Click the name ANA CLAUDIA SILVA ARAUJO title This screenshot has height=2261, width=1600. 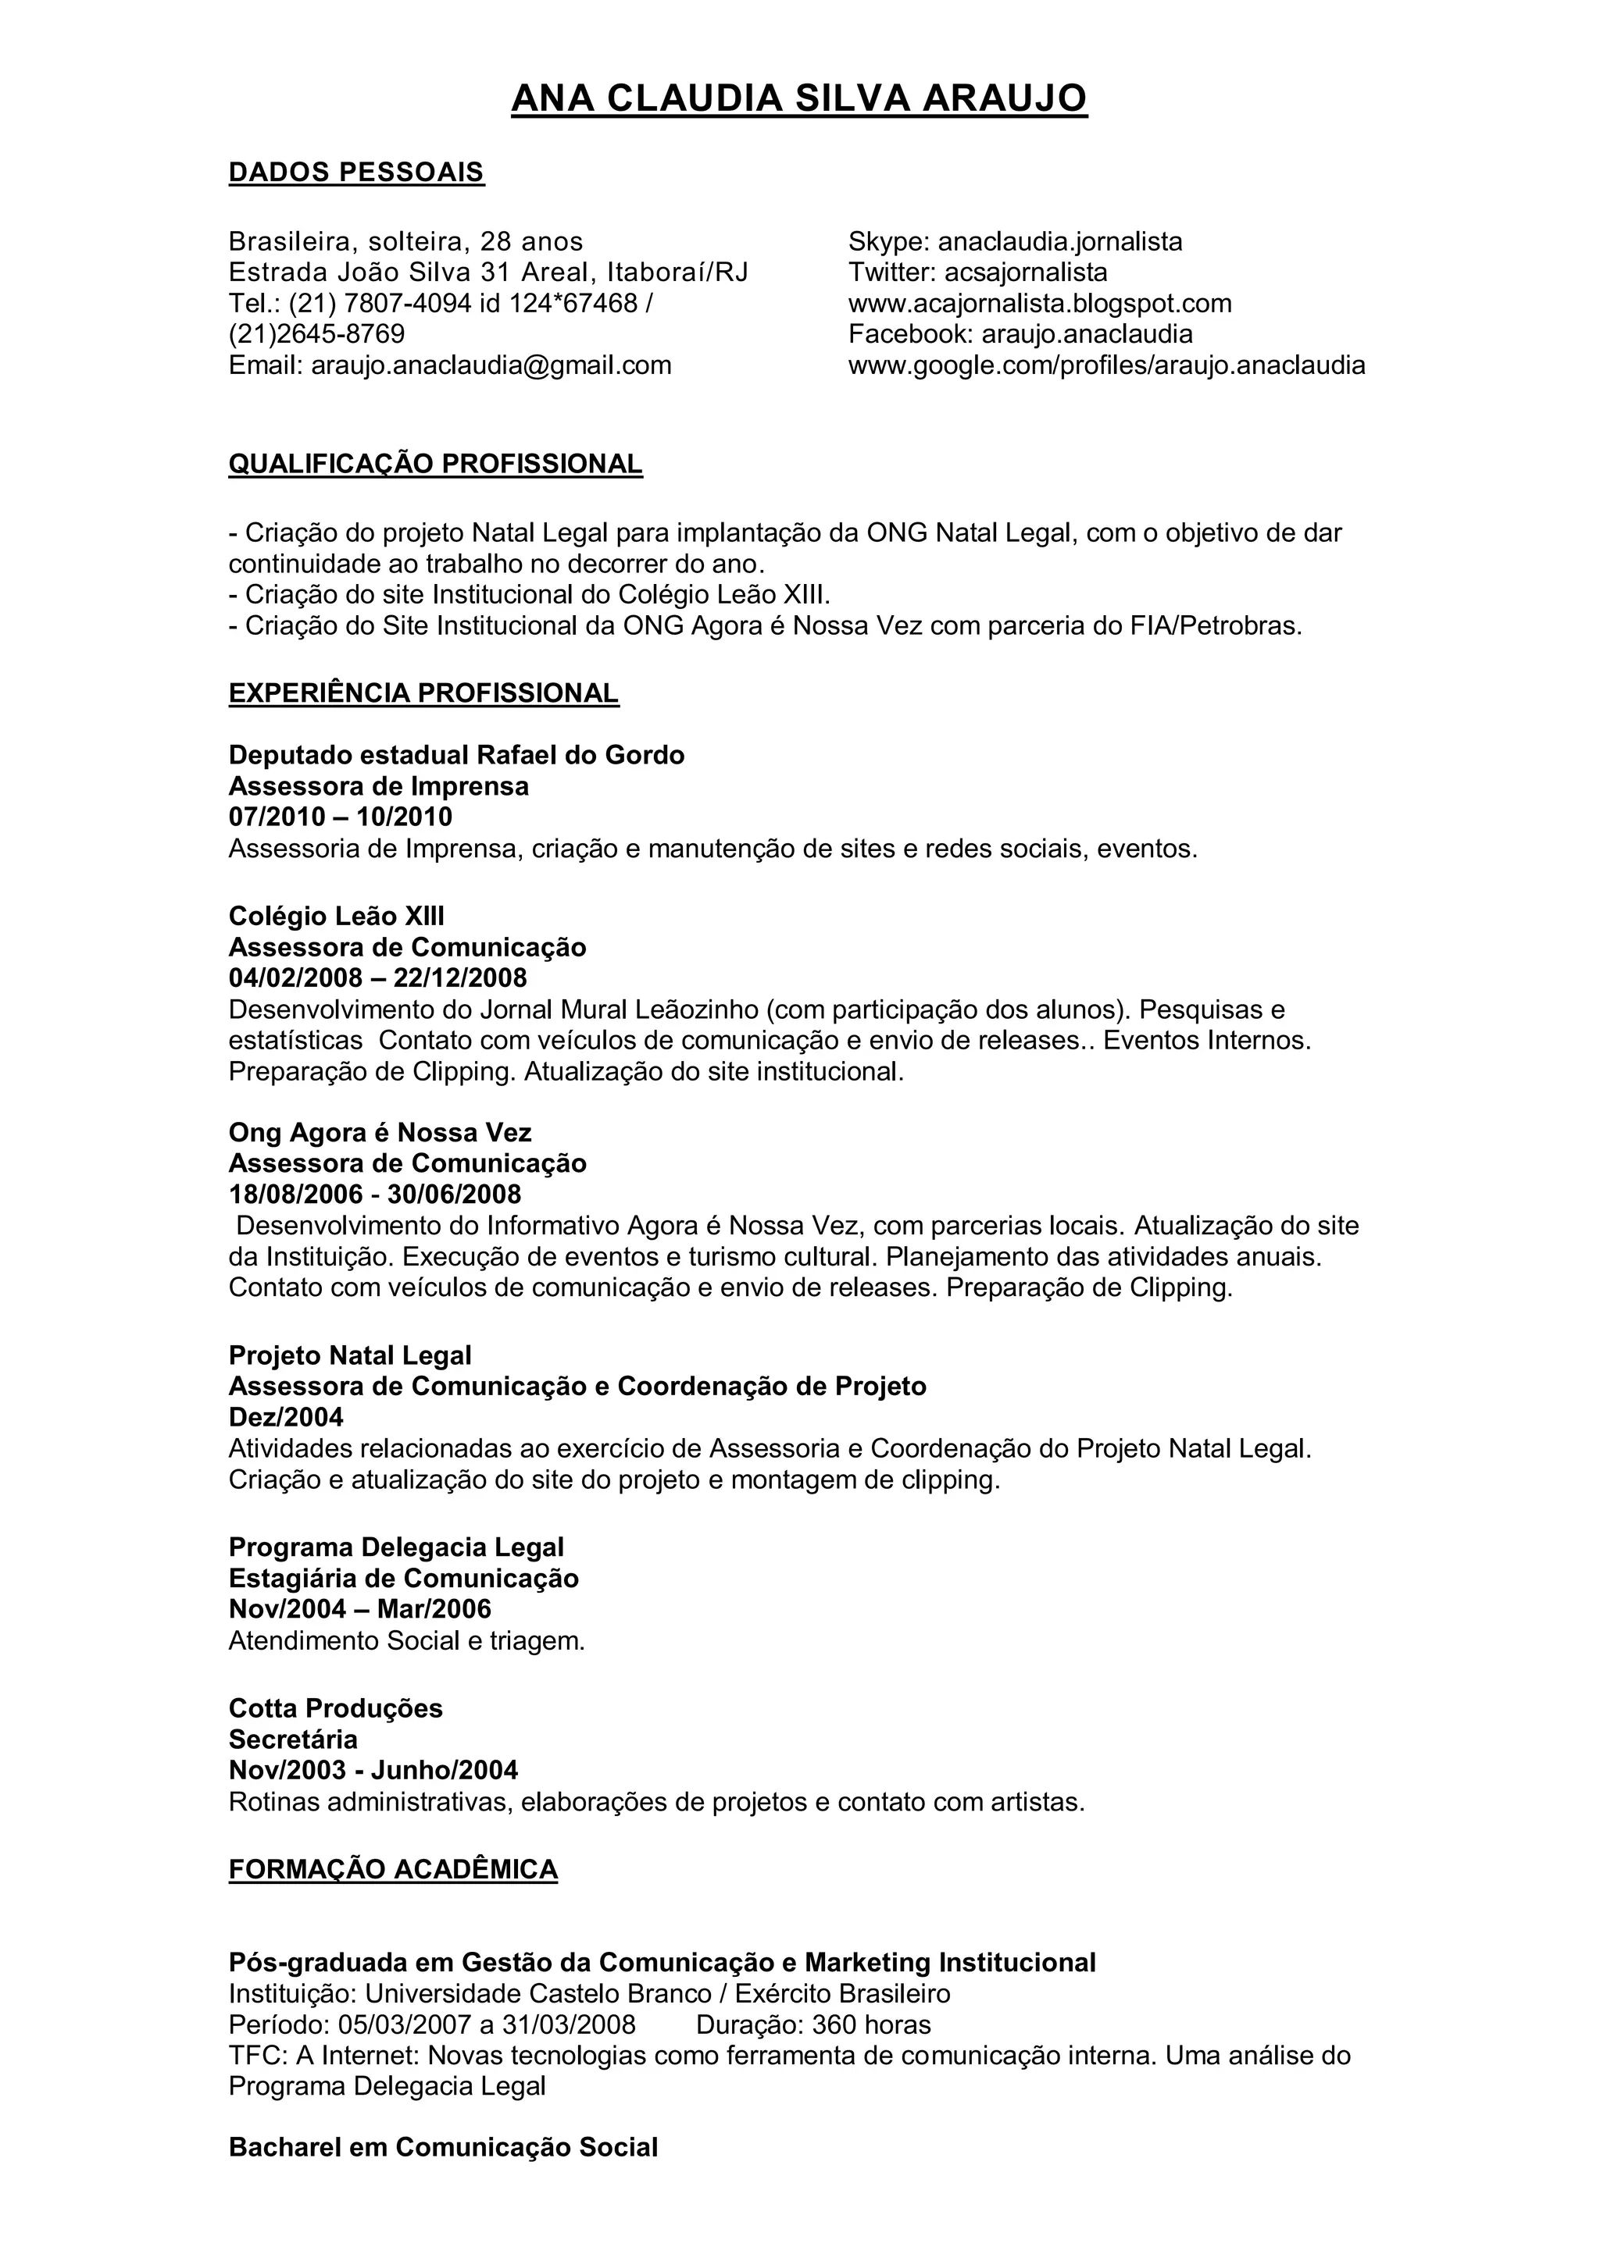(x=799, y=98)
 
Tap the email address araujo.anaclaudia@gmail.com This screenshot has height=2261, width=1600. (x=491, y=365)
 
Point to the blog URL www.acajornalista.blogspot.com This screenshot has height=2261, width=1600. (x=1039, y=303)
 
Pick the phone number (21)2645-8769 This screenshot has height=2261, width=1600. (x=316, y=334)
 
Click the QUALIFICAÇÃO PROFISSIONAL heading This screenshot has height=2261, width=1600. (x=434, y=464)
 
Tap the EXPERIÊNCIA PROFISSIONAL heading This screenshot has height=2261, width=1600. (x=423, y=693)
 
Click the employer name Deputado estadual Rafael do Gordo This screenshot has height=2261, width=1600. (x=456, y=755)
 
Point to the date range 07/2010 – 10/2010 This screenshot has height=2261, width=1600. (x=340, y=817)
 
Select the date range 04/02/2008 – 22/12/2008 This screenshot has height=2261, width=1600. (x=377, y=977)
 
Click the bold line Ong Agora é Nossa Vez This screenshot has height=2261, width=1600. (x=380, y=1133)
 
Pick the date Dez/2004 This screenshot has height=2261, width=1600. (x=286, y=1417)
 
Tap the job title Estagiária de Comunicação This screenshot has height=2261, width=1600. (x=403, y=1579)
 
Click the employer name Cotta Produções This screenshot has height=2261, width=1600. (x=335, y=1707)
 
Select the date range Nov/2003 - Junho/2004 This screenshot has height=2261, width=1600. (x=373, y=1770)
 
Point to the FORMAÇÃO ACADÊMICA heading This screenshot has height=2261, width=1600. (x=392, y=1869)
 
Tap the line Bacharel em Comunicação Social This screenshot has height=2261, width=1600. (x=442, y=2148)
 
